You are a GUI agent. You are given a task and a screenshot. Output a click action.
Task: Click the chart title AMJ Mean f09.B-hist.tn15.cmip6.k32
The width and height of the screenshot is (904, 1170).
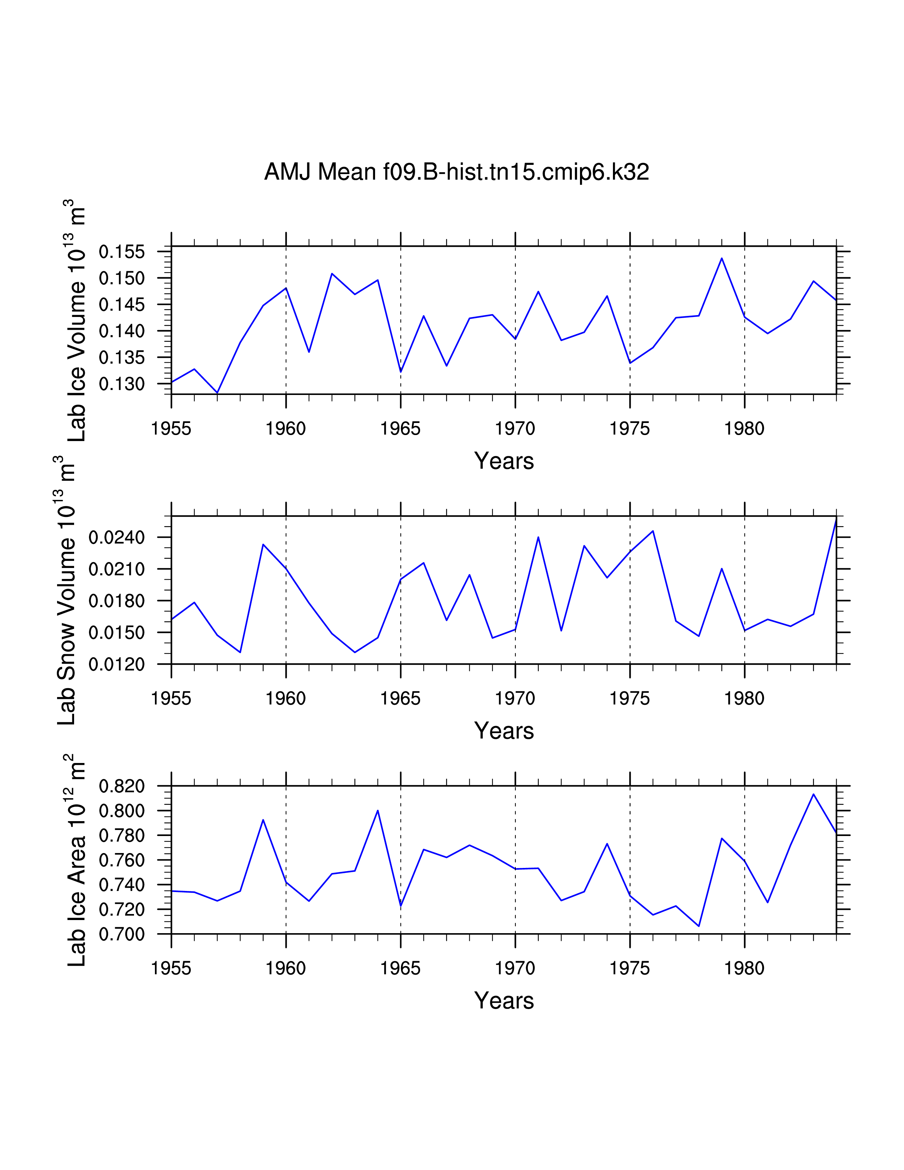(x=456, y=172)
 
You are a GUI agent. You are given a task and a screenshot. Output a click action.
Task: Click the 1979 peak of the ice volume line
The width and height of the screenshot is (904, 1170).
(x=721, y=258)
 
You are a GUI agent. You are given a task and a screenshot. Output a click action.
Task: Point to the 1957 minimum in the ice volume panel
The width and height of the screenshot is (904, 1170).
(x=217, y=393)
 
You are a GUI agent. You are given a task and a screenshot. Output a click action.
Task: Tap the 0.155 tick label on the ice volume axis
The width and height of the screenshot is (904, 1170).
(x=122, y=252)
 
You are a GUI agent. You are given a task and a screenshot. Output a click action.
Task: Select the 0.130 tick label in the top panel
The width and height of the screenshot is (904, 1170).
(x=122, y=384)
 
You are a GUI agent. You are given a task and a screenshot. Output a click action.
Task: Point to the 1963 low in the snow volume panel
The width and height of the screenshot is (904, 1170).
(x=355, y=652)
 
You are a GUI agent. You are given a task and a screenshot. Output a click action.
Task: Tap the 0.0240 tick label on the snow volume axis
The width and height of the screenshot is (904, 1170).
(x=117, y=537)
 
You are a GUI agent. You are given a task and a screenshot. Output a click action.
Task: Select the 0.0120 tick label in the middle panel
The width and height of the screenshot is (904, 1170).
(x=117, y=664)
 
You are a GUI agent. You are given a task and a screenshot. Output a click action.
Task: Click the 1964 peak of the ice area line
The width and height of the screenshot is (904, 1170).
(x=378, y=810)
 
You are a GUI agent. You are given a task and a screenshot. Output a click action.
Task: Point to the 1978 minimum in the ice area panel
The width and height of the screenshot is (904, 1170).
(x=698, y=926)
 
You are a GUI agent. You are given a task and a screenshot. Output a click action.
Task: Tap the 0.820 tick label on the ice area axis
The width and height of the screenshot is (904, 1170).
(x=122, y=786)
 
